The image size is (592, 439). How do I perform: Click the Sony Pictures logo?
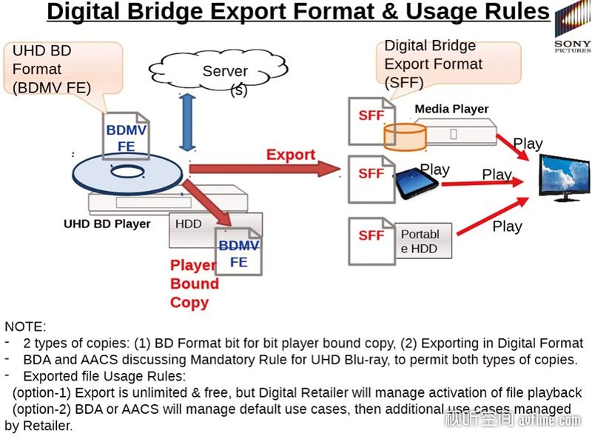[x=573, y=26]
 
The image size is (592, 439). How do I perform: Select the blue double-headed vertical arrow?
[x=187, y=122]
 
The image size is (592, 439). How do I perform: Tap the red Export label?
[x=291, y=155]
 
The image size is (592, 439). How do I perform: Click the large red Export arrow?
[x=265, y=169]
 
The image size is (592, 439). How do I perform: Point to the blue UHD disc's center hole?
[x=127, y=172]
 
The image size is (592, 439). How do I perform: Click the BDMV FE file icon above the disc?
[x=126, y=136]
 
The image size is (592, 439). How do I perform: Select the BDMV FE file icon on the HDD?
[x=238, y=251]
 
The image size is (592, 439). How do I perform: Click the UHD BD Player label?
[x=107, y=224]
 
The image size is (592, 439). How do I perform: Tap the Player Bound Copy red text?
[x=194, y=284]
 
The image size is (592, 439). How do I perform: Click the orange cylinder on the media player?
[x=405, y=137]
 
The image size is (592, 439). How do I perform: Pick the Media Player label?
[x=451, y=109]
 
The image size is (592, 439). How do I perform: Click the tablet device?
[x=417, y=184]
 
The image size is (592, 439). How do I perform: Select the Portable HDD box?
[x=423, y=241]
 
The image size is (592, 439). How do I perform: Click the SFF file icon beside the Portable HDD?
[x=371, y=241]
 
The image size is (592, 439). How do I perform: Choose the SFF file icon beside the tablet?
[x=371, y=179]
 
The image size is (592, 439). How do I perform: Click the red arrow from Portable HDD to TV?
[x=492, y=215]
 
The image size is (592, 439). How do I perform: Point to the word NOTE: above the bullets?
[x=25, y=326]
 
